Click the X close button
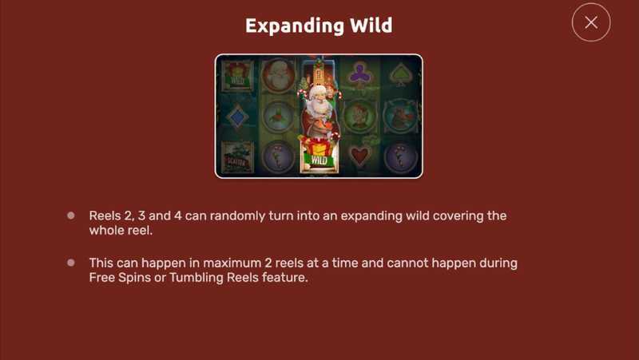point(591,22)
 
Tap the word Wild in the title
point(371,26)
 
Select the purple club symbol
point(359,73)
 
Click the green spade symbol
point(400,74)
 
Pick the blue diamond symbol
point(237,117)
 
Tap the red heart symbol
point(359,156)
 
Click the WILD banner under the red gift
point(319,160)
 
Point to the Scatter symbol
point(237,158)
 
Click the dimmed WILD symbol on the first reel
point(237,76)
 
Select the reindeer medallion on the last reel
point(400,117)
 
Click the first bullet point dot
point(71,216)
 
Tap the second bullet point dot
point(71,263)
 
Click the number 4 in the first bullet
point(177,216)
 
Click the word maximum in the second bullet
point(232,263)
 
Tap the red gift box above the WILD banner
point(319,145)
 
